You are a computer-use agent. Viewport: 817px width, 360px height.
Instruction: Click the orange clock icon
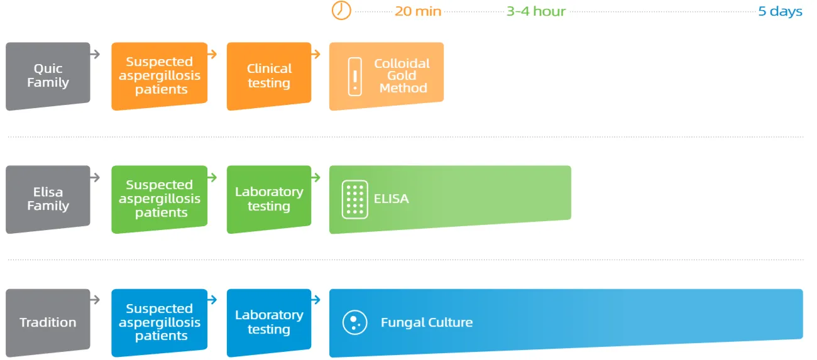(x=341, y=10)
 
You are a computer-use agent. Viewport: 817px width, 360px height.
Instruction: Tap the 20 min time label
(x=418, y=11)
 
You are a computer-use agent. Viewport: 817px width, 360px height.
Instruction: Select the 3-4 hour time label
(x=536, y=11)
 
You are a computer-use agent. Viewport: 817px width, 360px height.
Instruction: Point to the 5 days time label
(x=780, y=12)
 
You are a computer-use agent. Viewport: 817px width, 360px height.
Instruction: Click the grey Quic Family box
(x=48, y=76)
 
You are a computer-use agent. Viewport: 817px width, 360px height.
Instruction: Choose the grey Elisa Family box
(x=48, y=199)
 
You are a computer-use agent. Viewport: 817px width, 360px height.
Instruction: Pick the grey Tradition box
(x=48, y=322)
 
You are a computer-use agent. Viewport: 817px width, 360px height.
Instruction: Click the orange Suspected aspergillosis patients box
(x=160, y=76)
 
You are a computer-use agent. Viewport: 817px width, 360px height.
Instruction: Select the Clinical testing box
(x=269, y=76)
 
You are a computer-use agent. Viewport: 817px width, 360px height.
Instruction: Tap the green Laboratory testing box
(x=269, y=199)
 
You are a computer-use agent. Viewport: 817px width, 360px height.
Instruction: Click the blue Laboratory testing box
(x=269, y=322)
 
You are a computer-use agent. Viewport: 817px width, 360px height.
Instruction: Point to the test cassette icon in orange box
(x=355, y=77)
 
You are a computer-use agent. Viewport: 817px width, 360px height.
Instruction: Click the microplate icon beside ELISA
(x=354, y=200)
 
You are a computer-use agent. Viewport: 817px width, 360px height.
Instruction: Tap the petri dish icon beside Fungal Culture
(x=354, y=322)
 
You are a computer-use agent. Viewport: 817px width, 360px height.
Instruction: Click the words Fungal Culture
(x=427, y=322)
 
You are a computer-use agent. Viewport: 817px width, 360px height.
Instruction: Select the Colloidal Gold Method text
(x=402, y=75)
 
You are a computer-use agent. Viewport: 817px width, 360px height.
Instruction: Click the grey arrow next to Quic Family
(x=95, y=55)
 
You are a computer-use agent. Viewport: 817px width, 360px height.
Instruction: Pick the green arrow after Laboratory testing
(x=316, y=178)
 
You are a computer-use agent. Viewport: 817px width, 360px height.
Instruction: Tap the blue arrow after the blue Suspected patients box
(x=212, y=300)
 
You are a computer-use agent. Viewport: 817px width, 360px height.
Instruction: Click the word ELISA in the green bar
(x=392, y=199)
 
